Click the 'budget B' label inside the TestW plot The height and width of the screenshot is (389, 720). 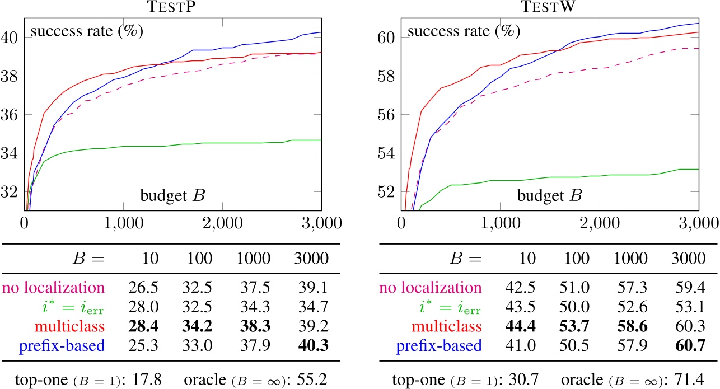pyautogui.click(x=549, y=196)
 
